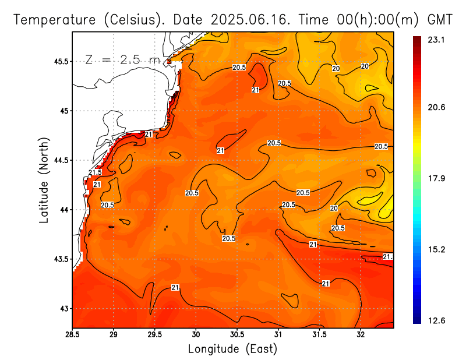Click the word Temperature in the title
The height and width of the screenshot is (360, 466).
coord(56,19)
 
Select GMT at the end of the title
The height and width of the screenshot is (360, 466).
coord(440,19)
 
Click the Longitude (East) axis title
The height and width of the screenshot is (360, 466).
coord(232,348)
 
